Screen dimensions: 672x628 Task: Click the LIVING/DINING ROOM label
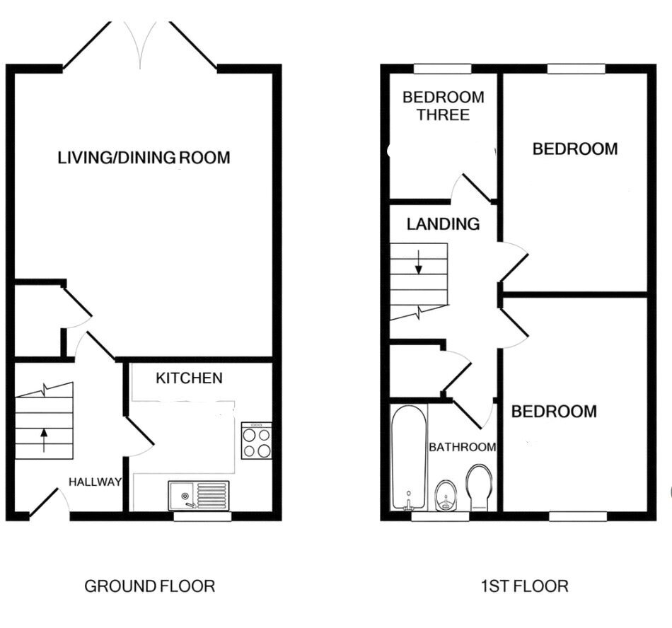(x=144, y=158)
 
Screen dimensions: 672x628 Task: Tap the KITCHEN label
(x=189, y=378)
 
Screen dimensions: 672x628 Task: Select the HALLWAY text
(x=95, y=482)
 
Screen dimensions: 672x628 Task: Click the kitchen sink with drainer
(x=199, y=495)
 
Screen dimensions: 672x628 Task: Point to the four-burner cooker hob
(x=256, y=441)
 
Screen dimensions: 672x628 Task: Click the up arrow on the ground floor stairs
(x=44, y=441)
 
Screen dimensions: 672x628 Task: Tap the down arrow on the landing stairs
(x=419, y=262)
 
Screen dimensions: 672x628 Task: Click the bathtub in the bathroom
(x=409, y=458)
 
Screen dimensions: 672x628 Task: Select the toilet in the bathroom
(x=479, y=487)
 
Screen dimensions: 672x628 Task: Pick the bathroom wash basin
(x=446, y=496)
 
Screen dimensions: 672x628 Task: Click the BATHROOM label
(x=463, y=447)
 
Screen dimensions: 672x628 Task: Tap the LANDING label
(x=443, y=224)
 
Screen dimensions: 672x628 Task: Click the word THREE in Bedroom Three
(x=444, y=115)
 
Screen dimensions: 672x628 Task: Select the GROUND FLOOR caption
(x=149, y=586)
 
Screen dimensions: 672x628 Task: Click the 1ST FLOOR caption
(x=525, y=586)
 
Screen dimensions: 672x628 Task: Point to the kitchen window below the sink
(x=203, y=516)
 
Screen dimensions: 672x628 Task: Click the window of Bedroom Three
(x=443, y=69)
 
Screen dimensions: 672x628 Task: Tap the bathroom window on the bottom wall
(x=441, y=516)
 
